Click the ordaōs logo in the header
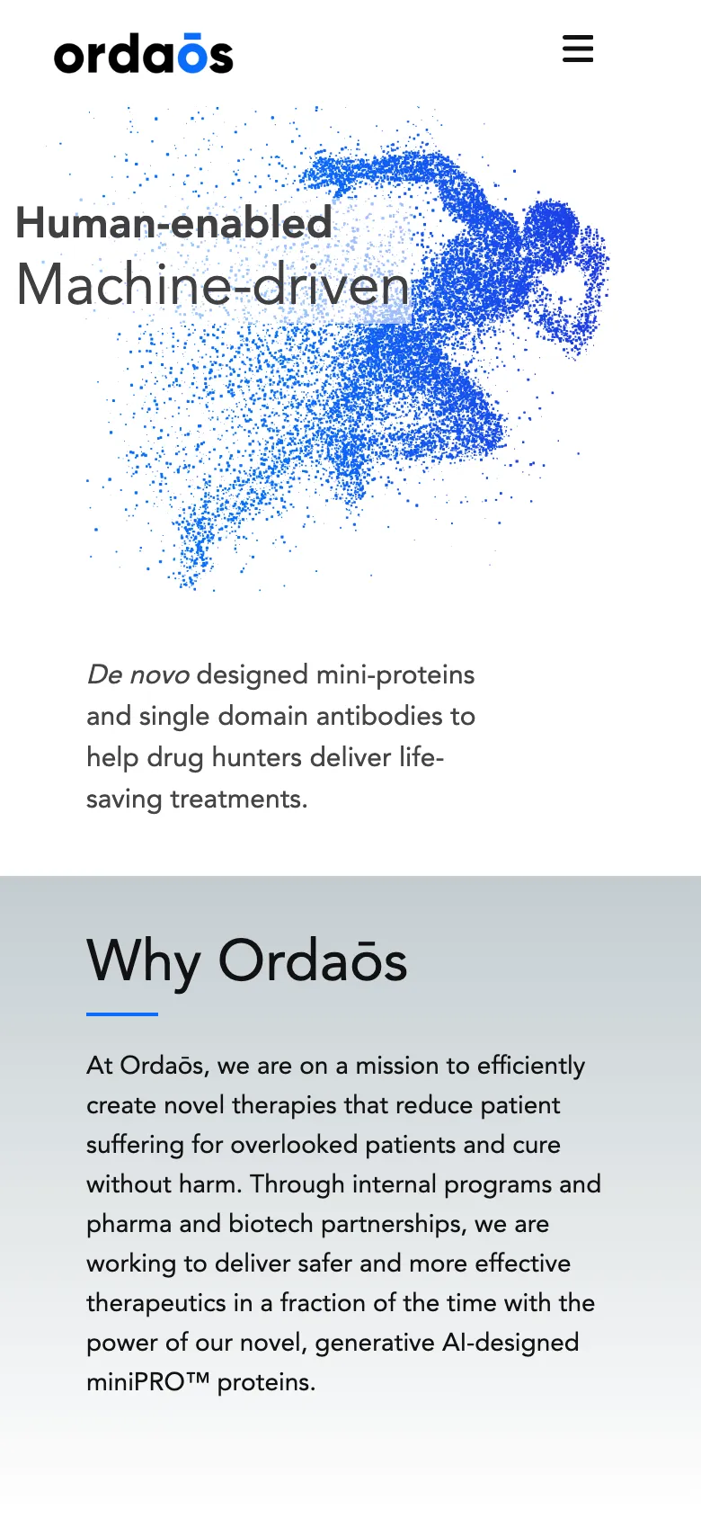pyautogui.click(x=144, y=54)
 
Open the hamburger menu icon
pyautogui.click(x=578, y=49)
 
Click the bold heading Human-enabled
pyautogui.click(x=174, y=223)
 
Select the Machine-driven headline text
pyautogui.click(x=213, y=285)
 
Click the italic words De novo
pyautogui.click(x=138, y=674)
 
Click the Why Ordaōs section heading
pyautogui.click(x=247, y=960)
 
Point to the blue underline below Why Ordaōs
pyautogui.click(x=122, y=1013)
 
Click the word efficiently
pyautogui.click(x=531, y=1066)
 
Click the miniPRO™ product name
pyautogui.click(x=147, y=1382)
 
